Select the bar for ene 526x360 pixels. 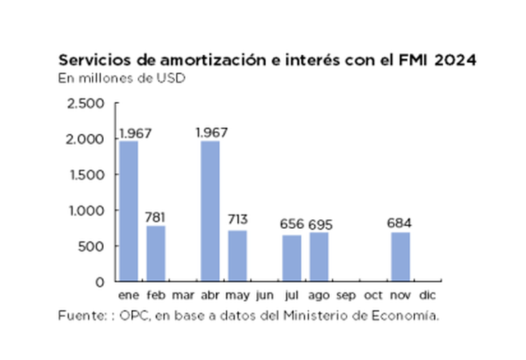[128, 210]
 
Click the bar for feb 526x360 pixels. [156, 253]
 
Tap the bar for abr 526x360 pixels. [210, 210]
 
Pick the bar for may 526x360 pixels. [238, 255]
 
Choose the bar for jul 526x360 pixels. [292, 258]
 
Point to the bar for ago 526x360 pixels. [319, 256]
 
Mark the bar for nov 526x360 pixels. [401, 256]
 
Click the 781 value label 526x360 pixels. [156, 217]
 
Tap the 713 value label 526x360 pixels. [238, 220]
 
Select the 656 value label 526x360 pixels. [292, 224]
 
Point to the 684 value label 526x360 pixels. [401, 223]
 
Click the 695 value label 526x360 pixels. [320, 224]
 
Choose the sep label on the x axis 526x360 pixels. [346, 295]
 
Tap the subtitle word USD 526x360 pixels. [173, 77]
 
